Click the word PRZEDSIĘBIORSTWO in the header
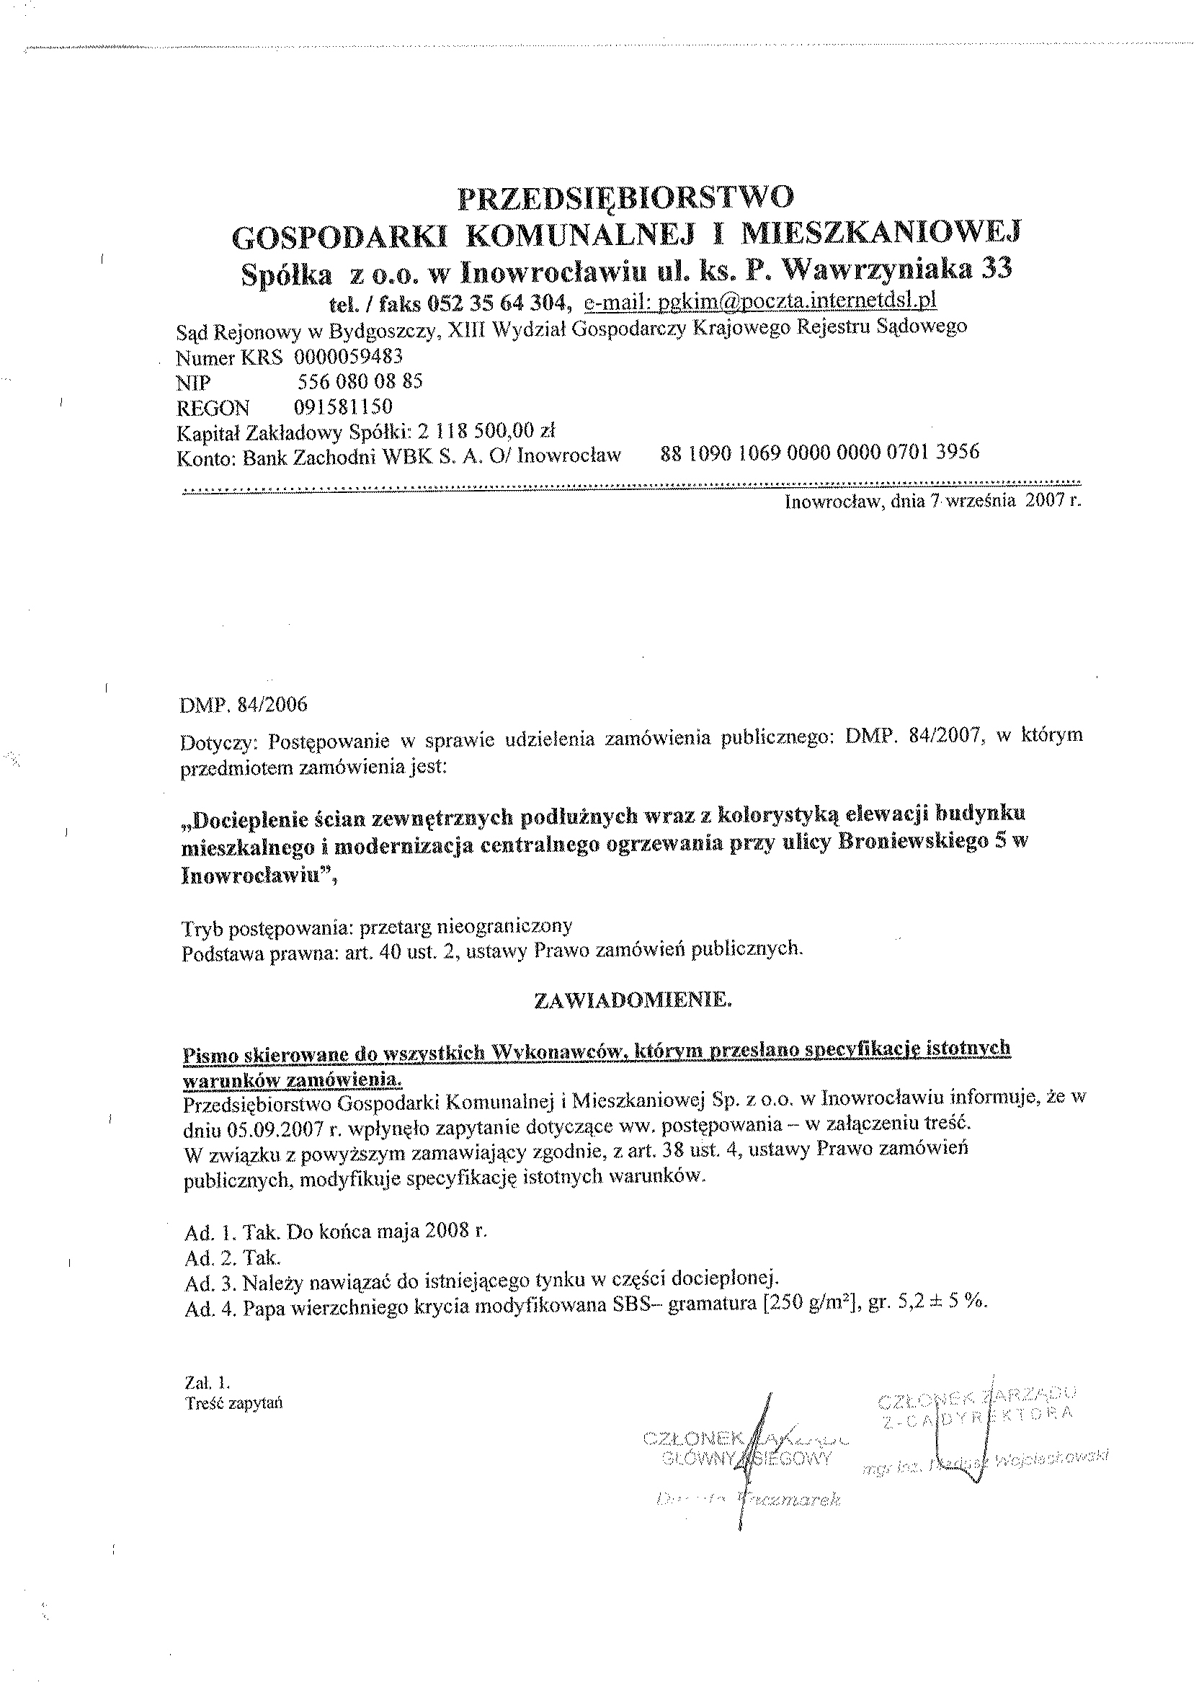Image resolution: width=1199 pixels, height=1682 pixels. point(626,197)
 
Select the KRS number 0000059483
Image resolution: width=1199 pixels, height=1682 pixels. point(349,357)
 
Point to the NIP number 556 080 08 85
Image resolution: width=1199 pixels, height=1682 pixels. point(360,382)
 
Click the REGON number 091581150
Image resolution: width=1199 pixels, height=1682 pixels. point(342,407)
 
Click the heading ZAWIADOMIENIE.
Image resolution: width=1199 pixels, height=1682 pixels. point(633,1001)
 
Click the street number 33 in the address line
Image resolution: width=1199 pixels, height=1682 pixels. point(997,270)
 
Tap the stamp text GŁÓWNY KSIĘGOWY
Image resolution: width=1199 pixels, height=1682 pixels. point(747,1458)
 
